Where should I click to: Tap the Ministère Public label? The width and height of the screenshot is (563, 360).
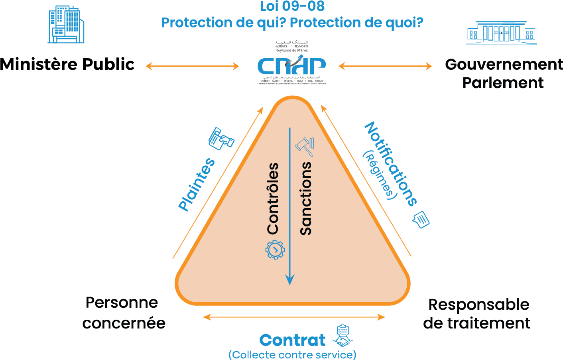[x=67, y=65]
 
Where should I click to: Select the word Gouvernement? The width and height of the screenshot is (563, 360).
[x=504, y=64]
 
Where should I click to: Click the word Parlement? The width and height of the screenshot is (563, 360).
[x=503, y=83]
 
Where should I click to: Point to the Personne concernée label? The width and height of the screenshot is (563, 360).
[x=123, y=313]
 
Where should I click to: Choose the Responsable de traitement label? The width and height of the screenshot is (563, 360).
[x=477, y=314]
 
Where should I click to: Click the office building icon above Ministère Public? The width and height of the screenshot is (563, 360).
[x=66, y=25]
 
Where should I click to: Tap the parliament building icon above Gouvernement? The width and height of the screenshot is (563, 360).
[x=501, y=33]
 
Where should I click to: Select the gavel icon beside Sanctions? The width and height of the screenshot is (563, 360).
[x=305, y=146]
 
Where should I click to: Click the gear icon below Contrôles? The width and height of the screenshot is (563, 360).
[x=275, y=250]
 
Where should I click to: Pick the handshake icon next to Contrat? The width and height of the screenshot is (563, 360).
[x=343, y=336]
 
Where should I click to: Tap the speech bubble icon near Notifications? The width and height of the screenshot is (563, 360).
[x=421, y=219]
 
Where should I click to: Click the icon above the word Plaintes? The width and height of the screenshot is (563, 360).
[x=221, y=139]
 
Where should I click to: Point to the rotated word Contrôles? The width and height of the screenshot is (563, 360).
[x=273, y=198]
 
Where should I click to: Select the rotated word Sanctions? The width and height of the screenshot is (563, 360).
[x=306, y=198]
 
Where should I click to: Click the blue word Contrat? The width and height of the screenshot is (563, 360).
[x=292, y=340]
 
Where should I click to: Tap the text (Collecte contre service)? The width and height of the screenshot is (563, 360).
[x=292, y=355]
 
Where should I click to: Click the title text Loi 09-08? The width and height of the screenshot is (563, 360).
[x=292, y=6]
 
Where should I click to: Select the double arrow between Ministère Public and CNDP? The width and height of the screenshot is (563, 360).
[x=192, y=66]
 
